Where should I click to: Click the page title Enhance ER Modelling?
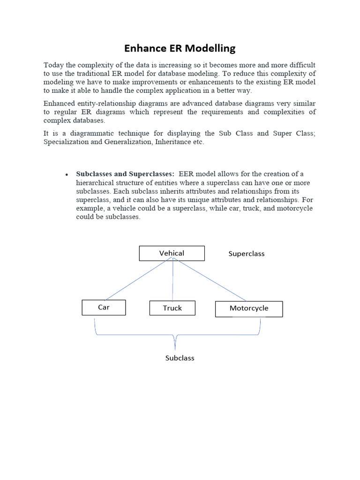click(x=180, y=48)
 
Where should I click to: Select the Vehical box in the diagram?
click(x=172, y=253)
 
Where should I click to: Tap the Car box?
click(x=104, y=307)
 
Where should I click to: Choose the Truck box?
click(x=172, y=308)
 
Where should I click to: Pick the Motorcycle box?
click(x=249, y=308)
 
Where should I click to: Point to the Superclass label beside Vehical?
click(x=246, y=254)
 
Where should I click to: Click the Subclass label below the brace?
click(x=180, y=358)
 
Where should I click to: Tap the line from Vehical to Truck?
click(x=173, y=281)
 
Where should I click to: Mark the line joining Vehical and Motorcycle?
click(x=211, y=280)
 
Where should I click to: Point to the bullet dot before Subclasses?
click(x=67, y=175)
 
